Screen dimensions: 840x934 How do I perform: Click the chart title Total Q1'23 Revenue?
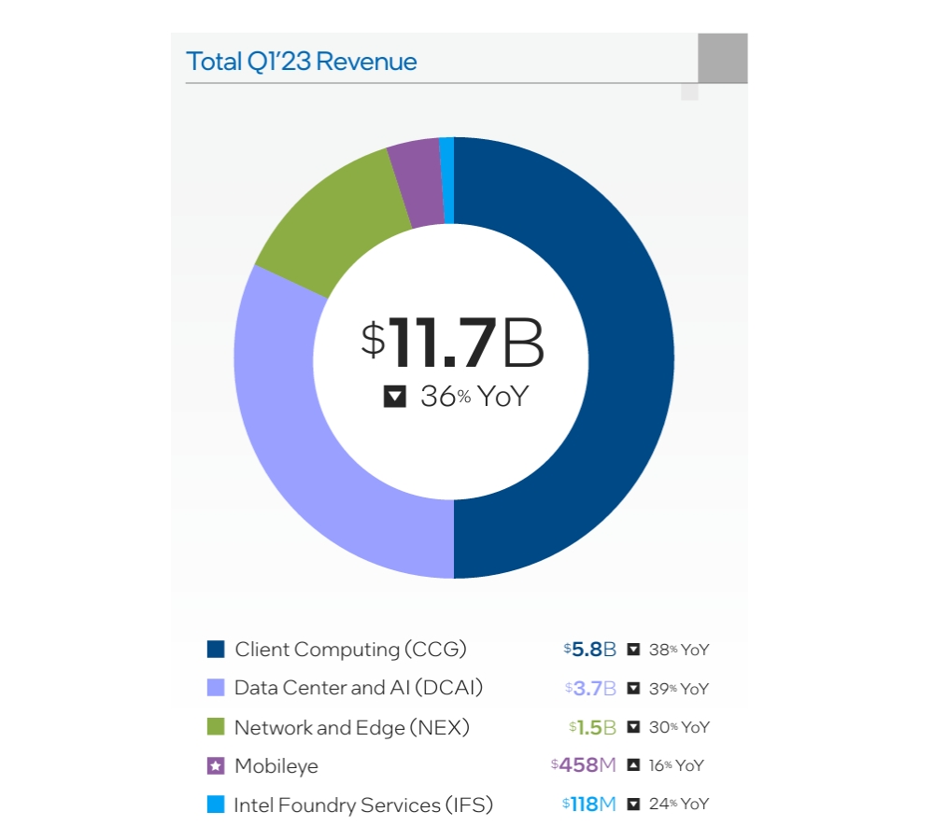pos(302,62)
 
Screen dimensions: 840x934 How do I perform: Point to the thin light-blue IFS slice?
pos(447,180)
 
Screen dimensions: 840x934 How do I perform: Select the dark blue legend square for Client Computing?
pos(216,649)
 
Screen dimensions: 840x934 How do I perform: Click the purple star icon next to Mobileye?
pos(216,766)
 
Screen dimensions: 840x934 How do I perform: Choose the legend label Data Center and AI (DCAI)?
pos(359,688)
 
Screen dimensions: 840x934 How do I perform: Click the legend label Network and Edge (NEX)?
pos(352,727)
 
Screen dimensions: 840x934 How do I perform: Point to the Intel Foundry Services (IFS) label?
pos(363,805)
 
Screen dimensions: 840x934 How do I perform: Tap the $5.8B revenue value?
pos(590,650)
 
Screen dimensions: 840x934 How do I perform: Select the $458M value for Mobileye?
pos(584,765)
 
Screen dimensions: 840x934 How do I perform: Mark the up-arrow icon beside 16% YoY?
pos(633,765)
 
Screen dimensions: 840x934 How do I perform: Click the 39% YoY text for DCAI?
pos(679,689)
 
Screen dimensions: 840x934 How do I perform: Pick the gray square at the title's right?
pos(722,58)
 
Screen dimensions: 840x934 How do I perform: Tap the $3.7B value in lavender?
pos(591,689)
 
